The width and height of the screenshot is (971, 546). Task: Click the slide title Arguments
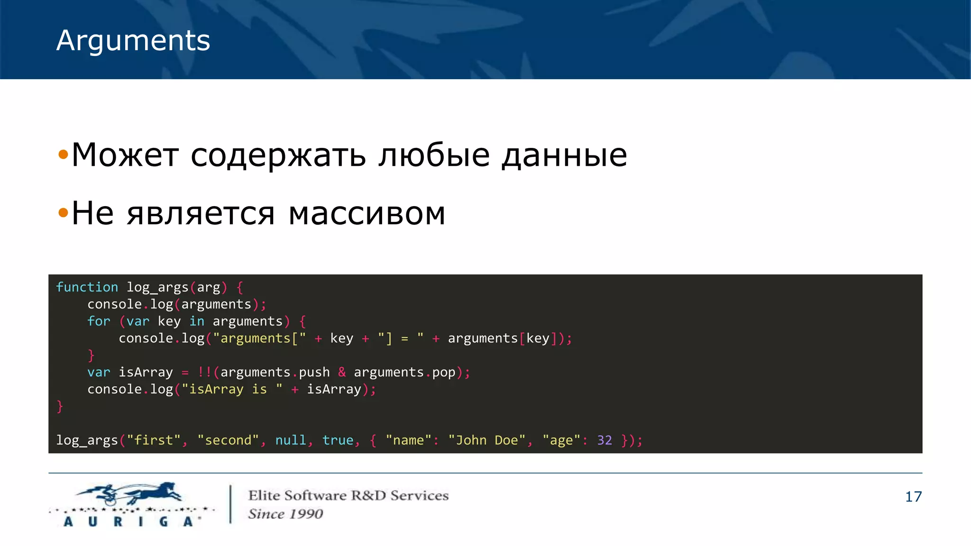coord(133,41)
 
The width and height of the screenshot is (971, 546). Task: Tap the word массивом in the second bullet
coord(367,213)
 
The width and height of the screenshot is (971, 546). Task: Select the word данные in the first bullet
coord(564,155)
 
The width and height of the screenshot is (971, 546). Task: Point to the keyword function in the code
coord(87,287)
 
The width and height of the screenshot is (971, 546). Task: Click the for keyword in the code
coord(99,321)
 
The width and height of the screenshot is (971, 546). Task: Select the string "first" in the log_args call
coord(154,440)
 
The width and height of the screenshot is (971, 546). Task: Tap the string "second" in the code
coord(228,440)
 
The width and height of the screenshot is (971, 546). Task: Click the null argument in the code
coord(291,440)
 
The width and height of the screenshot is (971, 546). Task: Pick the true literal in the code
coord(338,440)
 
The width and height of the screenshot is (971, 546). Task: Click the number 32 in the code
coord(604,440)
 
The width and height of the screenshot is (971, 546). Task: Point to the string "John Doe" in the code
coord(487,440)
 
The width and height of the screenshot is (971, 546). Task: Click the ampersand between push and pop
coord(342,372)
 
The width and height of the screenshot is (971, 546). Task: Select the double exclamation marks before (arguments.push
coord(204,372)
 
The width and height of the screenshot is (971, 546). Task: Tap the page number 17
coord(913,497)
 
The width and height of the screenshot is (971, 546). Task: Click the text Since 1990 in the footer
coord(285,514)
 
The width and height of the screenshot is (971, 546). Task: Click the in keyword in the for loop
coord(197,321)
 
